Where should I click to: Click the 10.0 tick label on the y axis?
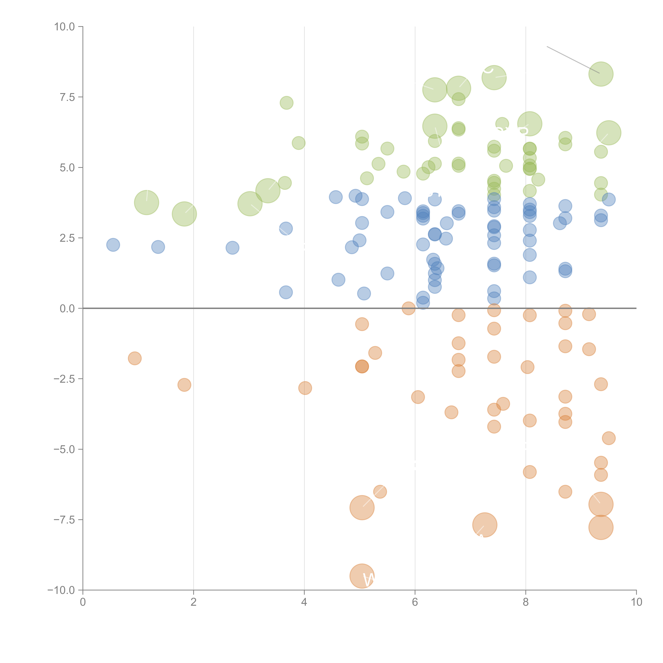(65, 27)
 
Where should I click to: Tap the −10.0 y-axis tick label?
(62, 590)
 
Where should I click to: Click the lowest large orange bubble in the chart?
(362, 576)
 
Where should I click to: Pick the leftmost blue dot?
(113, 245)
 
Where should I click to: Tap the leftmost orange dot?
(134, 358)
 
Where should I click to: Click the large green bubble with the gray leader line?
(601, 74)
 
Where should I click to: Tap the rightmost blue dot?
(609, 199)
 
